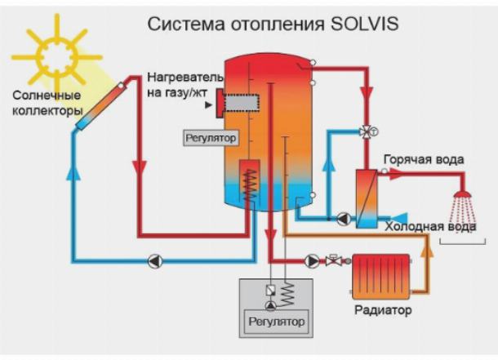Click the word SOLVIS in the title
pyautogui.click(x=363, y=24)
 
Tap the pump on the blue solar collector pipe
pyautogui.click(x=155, y=261)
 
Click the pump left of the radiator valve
pyautogui.click(x=311, y=261)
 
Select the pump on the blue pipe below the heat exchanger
pyautogui.click(x=344, y=219)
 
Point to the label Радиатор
pyautogui.click(x=382, y=311)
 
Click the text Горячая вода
pyautogui.click(x=424, y=159)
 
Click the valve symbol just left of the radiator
pyautogui.click(x=333, y=261)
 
